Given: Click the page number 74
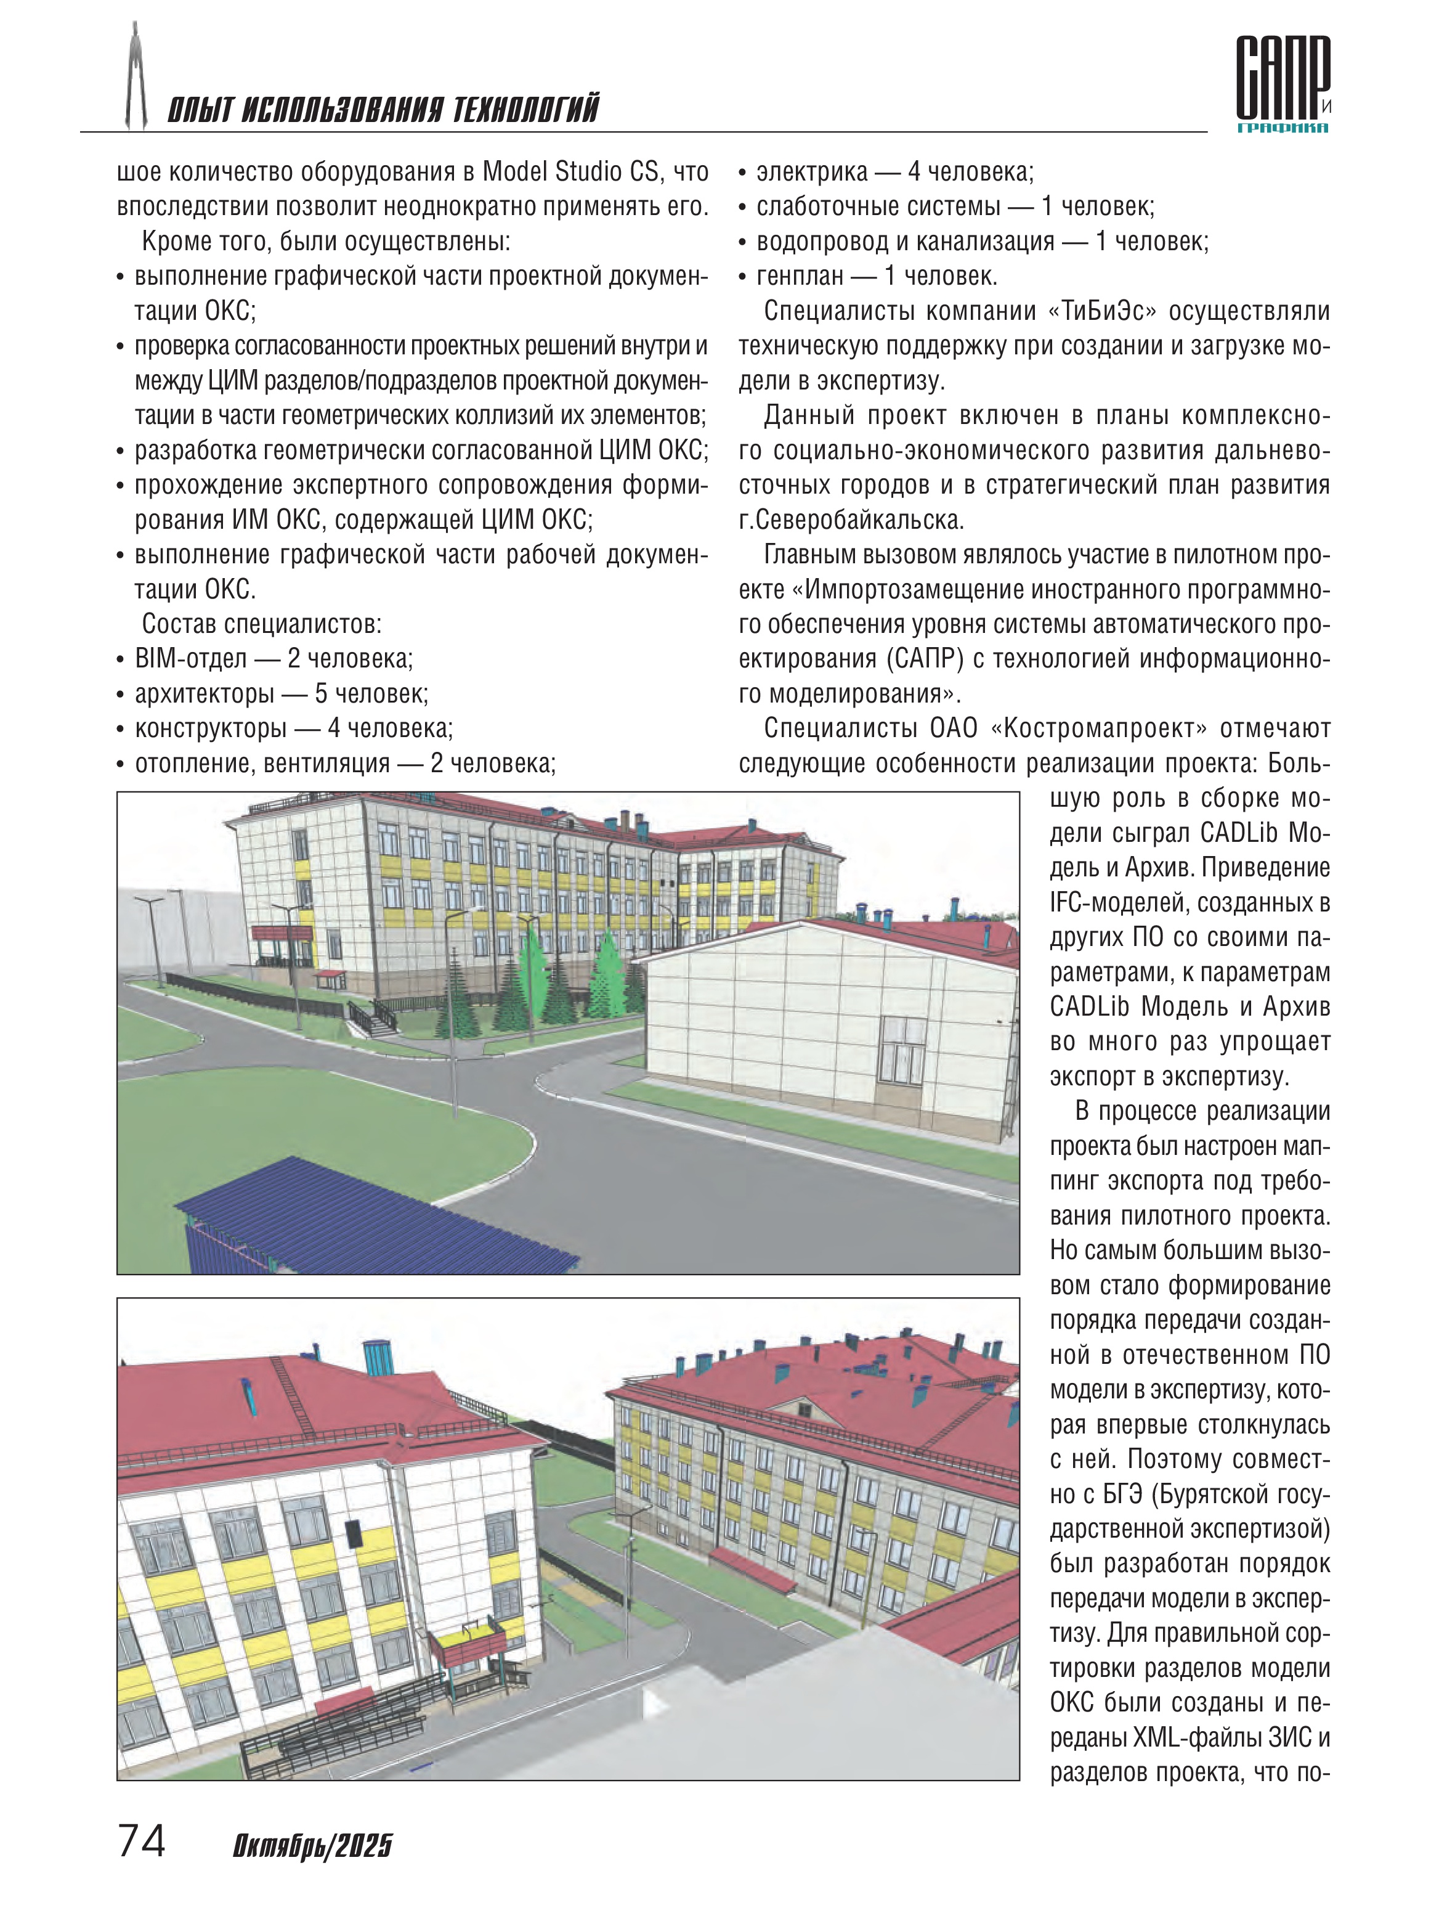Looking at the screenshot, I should click(x=141, y=1840).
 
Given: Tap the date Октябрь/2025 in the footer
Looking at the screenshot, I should click(x=312, y=1845).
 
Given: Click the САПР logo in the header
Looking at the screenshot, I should click(x=1281, y=83).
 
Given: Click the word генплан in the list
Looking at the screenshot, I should click(x=800, y=277).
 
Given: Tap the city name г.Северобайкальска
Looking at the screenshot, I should click(x=851, y=521).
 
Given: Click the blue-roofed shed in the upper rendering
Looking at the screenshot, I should click(x=366, y=1217).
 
